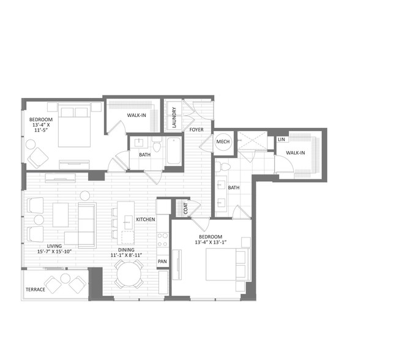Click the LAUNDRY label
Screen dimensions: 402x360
tap(174, 118)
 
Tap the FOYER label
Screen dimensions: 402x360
tap(196, 130)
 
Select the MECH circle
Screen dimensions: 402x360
tap(223, 141)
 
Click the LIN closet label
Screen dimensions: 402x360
tap(281, 140)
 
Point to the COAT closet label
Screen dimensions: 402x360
tap(185, 208)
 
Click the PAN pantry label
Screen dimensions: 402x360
tap(162, 261)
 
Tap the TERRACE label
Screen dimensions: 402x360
tap(35, 290)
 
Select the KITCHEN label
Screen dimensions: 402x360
tap(146, 219)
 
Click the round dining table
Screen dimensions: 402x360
tap(129, 274)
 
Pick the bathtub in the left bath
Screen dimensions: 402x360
tap(174, 151)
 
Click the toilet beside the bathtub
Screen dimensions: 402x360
tap(157, 144)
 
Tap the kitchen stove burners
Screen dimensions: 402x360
tap(163, 239)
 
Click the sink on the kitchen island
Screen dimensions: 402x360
tap(128, 222)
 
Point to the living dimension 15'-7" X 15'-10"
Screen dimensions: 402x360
tap(54, 252)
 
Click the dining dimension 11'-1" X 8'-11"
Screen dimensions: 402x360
tap(126, 255)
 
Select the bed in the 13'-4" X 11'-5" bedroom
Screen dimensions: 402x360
tap(75, 125)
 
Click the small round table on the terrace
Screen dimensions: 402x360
tap(65, 278)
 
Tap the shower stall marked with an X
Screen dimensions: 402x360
tap(252, 140)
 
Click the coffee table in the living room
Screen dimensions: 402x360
tap(61, 215)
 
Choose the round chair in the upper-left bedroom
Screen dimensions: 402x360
tap(31, 144)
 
